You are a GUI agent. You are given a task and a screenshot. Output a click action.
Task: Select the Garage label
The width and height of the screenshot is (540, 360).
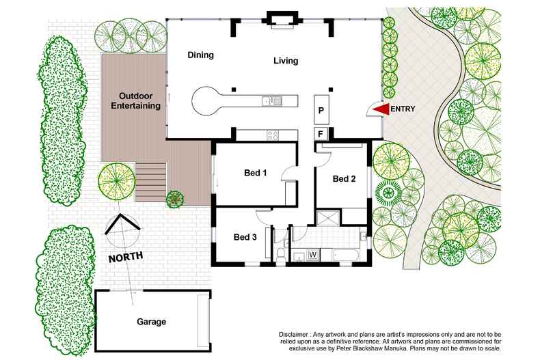coord(150,321)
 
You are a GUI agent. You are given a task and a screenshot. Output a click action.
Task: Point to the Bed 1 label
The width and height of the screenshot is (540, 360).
coord(255,173)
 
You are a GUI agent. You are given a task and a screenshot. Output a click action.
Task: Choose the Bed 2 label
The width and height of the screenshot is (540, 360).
coord(345,179)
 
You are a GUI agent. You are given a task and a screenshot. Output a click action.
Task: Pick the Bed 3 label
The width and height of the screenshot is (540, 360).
coord(245,237)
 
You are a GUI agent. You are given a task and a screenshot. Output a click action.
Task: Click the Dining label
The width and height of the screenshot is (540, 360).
coord(201,55)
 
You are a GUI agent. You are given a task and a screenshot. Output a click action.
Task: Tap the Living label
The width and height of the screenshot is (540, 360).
coord(286,61)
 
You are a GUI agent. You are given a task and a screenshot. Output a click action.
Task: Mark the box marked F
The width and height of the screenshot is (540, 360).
coord(320,133)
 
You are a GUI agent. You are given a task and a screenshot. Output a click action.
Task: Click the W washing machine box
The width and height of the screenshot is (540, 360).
coord(312,255)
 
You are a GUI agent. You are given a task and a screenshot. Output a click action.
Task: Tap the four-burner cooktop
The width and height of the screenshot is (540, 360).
coord(271,134)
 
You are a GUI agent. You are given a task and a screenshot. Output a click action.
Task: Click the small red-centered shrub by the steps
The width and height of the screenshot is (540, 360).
coord(176,199)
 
